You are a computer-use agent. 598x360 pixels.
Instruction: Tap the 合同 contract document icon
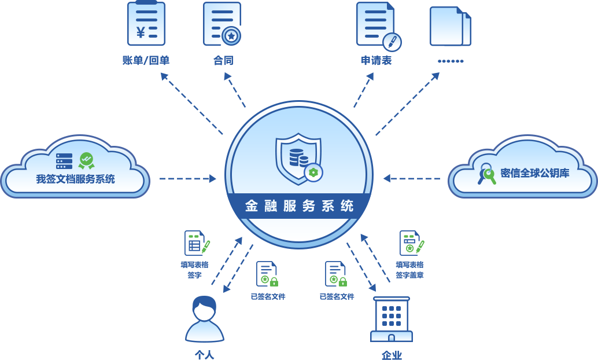222,24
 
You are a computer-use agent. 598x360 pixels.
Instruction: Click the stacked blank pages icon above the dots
451,26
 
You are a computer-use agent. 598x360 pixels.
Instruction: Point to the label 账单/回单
146,60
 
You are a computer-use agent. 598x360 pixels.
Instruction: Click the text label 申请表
376,60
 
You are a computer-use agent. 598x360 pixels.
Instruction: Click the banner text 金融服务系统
299,206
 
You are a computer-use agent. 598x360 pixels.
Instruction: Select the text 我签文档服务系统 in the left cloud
76,179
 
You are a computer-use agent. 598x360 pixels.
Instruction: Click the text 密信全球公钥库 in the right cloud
535,173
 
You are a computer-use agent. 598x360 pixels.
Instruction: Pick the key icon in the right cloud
486,174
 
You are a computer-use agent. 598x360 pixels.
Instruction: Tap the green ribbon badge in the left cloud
87,161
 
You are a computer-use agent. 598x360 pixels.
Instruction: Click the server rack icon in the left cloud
64,161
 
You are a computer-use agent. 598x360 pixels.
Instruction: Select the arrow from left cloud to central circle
187,178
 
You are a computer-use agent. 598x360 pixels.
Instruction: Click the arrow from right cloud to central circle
412,178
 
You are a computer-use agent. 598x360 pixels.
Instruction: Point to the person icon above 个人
205,319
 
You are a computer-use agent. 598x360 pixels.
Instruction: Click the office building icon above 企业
392,319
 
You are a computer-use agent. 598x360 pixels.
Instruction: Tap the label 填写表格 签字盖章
409,270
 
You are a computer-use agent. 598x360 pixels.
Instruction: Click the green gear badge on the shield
313,172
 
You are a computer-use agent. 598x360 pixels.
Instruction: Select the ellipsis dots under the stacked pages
451,61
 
